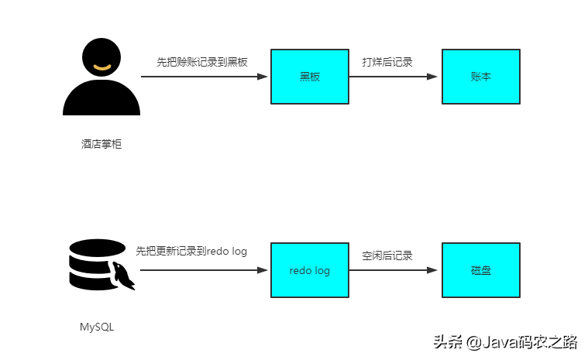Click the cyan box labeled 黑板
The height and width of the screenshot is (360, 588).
click(310, 77)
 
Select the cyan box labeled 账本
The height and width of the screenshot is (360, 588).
click(480, 77)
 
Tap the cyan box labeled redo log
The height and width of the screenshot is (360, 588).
click(310, 270)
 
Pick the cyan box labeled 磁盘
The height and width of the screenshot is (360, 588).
click(480, 270)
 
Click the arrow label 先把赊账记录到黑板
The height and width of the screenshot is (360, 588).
click(202, 62)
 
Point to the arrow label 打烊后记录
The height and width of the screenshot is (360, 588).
click(387, 62)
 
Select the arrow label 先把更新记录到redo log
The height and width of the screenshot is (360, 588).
click(191, 252)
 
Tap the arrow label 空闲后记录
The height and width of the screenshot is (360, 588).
click(387, 255)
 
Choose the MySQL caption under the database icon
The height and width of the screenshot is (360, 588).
click(97, 327)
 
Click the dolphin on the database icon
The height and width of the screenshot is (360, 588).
click(123, 276)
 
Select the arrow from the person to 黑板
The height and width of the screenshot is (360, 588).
click(203, 77)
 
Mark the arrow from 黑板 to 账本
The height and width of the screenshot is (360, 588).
click(393, 77)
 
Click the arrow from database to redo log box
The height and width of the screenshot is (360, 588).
click(203, 270)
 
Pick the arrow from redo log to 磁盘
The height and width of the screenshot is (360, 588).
click(393, 270)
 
